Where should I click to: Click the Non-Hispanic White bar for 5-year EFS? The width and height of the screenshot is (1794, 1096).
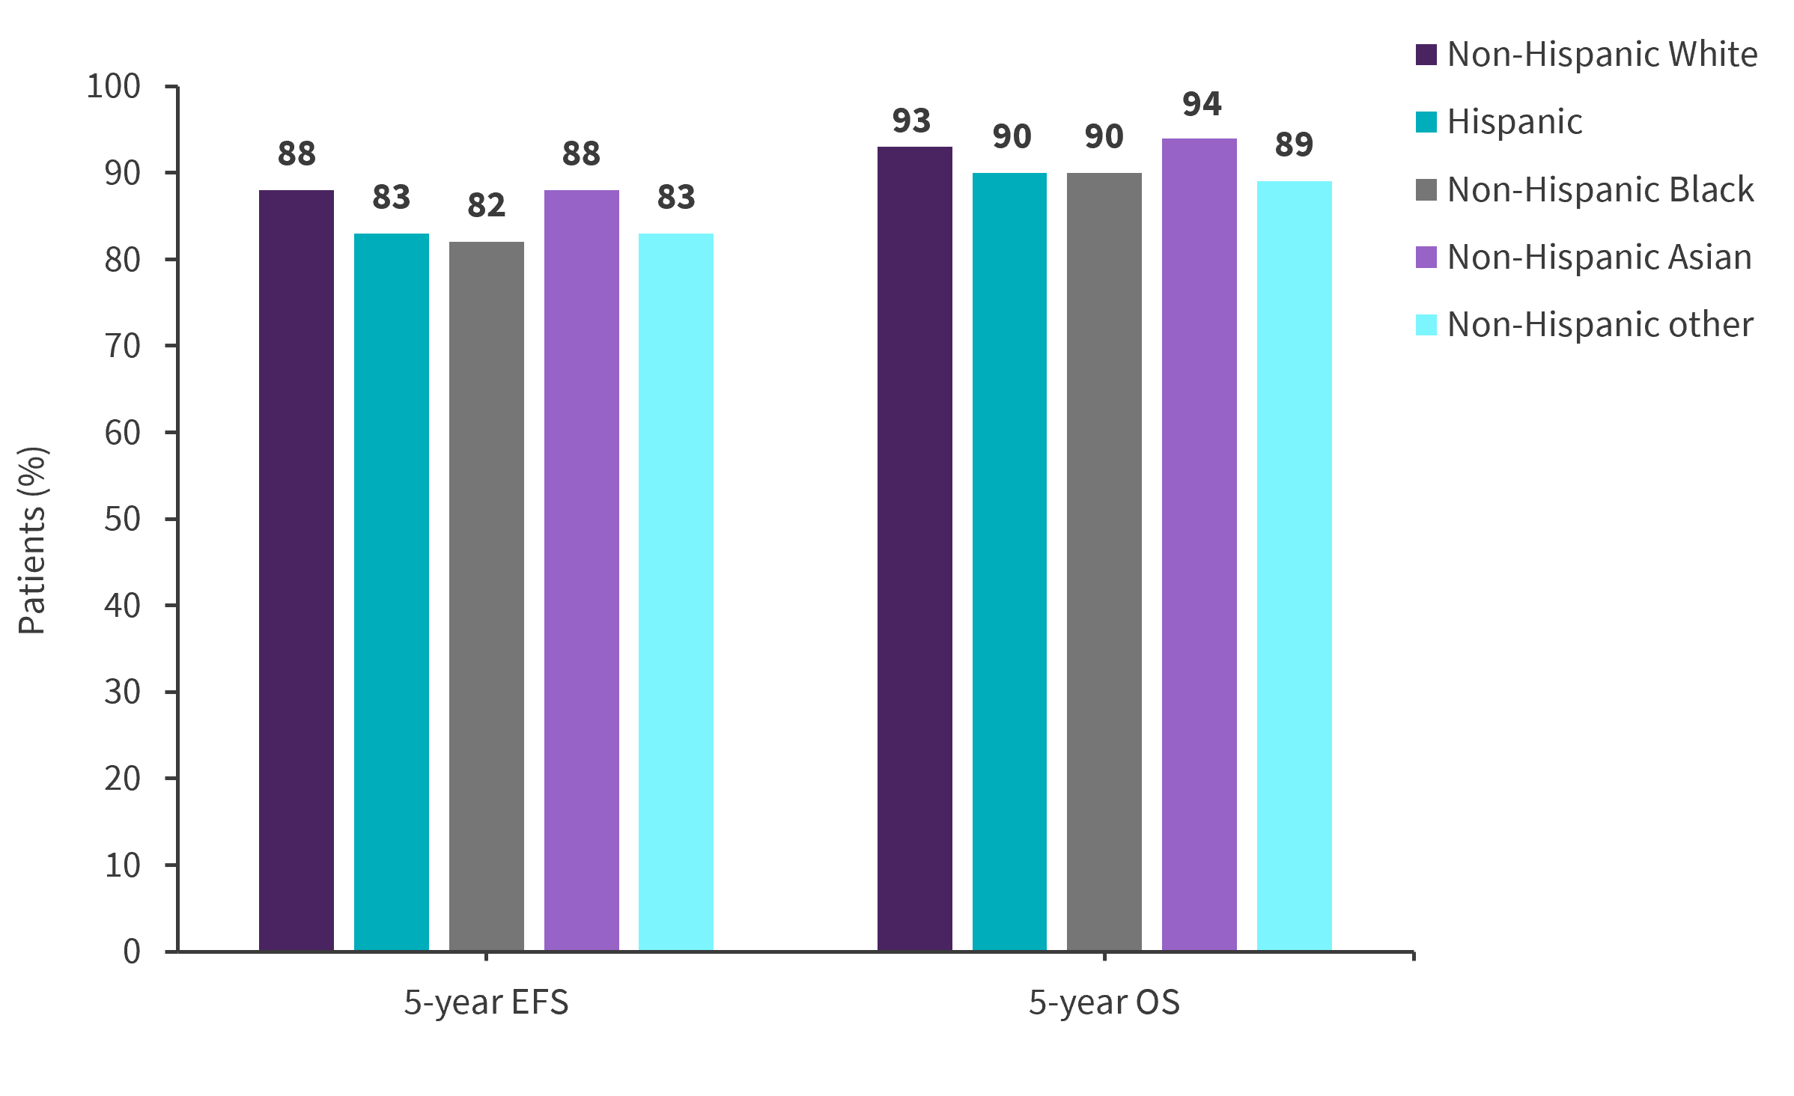tap(297, 569)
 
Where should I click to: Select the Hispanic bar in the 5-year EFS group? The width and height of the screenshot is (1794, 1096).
tap(391, 591)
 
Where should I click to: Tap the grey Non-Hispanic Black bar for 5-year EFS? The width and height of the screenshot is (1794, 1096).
tap(486, 595)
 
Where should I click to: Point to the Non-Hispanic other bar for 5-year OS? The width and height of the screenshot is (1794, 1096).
tap(1294, 565)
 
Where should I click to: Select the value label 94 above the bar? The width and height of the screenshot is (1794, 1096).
tap(1202, 104)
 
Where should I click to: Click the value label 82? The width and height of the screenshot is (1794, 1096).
tap(486, 205)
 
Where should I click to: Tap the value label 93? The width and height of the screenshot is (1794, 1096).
tap(911, 121)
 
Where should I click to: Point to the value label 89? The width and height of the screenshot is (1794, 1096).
tap(1294, 144)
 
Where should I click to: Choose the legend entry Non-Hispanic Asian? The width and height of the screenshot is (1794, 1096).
tap(1599, 257)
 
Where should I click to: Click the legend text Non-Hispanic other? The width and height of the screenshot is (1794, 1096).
tap(1600, 325)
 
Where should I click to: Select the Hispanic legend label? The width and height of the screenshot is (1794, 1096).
tap(1515, 121)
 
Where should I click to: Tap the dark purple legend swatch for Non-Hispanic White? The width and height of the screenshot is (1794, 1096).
tap(1426, 55)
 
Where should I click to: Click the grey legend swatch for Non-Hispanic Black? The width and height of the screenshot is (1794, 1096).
tap(1426, 189)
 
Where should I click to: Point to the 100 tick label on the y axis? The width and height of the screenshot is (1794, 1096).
tap(113, 87)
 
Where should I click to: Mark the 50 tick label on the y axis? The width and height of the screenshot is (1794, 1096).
tap(122, 519)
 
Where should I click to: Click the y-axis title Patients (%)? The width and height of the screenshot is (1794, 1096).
tap(32, 540)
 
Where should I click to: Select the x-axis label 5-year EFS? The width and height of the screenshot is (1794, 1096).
tap(486, 1002)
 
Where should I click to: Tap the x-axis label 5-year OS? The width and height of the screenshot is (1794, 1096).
tap(1104, 1002)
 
